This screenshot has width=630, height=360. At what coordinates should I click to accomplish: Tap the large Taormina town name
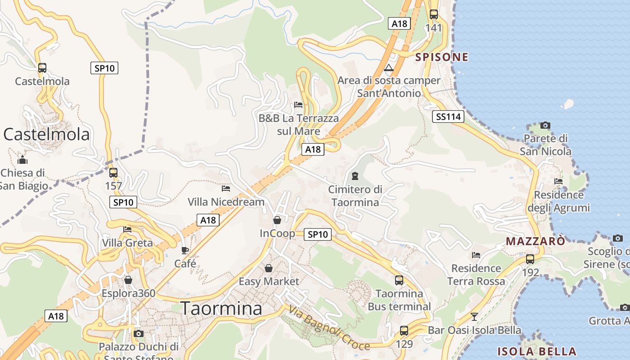[x=221, y=309]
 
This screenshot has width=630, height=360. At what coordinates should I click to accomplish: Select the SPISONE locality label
[x=441, y=57]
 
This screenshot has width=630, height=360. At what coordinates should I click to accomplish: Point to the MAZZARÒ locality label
[x=535, y=241]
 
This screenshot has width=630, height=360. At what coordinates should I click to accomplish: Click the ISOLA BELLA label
[x=536, y=351]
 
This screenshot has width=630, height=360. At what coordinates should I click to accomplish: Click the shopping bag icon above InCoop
[x=277, y=220]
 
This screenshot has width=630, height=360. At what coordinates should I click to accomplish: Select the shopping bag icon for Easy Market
[x=269, y=268]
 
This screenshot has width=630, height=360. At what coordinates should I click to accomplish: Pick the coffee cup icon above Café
[x=184, y=250]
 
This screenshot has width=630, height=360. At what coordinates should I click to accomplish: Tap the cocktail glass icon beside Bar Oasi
[x=474, y=316]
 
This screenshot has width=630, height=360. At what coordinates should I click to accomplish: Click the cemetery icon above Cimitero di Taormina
[x=355, y=176]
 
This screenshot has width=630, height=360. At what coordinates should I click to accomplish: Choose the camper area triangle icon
[x=389, y=68]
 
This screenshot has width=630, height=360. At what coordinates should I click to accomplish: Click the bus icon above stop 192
[x=530, y=259]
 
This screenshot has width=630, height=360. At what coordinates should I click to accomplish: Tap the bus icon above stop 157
[x=113, y=172]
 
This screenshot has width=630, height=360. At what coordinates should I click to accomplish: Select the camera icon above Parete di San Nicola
[x=545, y=125]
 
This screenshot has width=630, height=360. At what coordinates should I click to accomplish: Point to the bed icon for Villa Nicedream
[x=226, y=189]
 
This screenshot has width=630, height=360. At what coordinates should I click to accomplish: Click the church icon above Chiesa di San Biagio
[x=22, y=160]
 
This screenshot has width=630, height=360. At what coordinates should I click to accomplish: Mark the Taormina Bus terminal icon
[x=399, y=280]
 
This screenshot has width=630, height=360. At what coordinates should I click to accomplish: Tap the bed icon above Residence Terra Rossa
[x=476, y=255]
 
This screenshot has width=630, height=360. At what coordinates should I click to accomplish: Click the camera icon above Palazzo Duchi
[x=139, y=333]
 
